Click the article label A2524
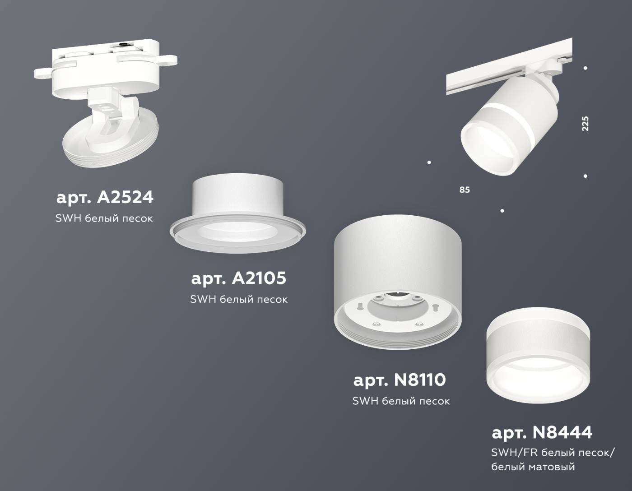tap(105, 197)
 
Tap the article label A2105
tap(238, 278)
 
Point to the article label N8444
tap(541, 433)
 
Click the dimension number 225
tap(585, 124)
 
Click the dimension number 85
tap(465, 190)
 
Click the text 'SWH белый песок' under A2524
tap(104, 218)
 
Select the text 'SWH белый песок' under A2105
tap(238, 299)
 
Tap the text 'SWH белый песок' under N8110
tap(401, 401)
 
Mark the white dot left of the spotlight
tap(429, 162)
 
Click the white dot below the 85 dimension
tap(502, 210)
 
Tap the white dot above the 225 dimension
tap(586, 68)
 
